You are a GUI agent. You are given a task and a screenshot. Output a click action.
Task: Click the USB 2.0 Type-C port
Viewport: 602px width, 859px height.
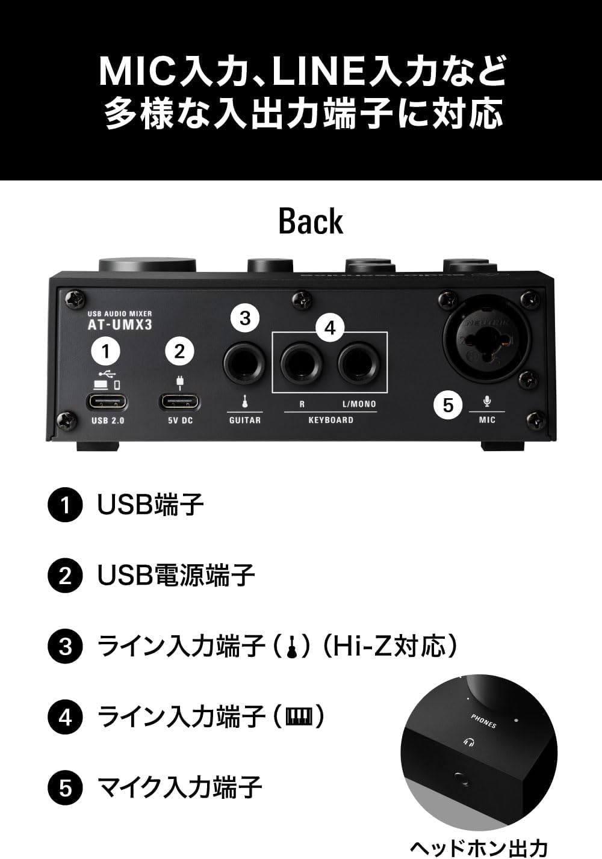107,401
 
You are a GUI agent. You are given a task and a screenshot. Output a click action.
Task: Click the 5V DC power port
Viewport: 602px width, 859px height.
179,401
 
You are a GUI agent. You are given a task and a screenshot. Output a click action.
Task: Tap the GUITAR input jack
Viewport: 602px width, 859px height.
244,363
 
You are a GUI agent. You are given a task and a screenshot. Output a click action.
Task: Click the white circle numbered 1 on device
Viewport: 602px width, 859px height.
107,351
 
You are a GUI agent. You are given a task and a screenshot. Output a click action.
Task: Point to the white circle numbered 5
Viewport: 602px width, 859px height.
448,405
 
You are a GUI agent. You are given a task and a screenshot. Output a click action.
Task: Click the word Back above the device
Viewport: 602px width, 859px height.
310,221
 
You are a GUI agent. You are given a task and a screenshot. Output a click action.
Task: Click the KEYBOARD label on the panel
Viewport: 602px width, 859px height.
330,420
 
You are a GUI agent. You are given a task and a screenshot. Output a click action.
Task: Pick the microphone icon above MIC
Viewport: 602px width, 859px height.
487,401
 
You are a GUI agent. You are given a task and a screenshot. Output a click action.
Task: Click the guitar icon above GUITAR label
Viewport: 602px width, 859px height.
245,401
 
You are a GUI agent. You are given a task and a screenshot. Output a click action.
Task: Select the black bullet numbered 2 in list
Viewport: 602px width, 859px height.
64,576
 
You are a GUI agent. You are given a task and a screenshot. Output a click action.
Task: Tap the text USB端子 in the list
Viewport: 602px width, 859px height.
150,505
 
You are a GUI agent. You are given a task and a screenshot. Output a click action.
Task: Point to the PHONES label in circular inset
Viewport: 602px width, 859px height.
483,721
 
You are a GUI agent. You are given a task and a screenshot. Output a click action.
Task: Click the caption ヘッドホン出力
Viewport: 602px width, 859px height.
479,847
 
